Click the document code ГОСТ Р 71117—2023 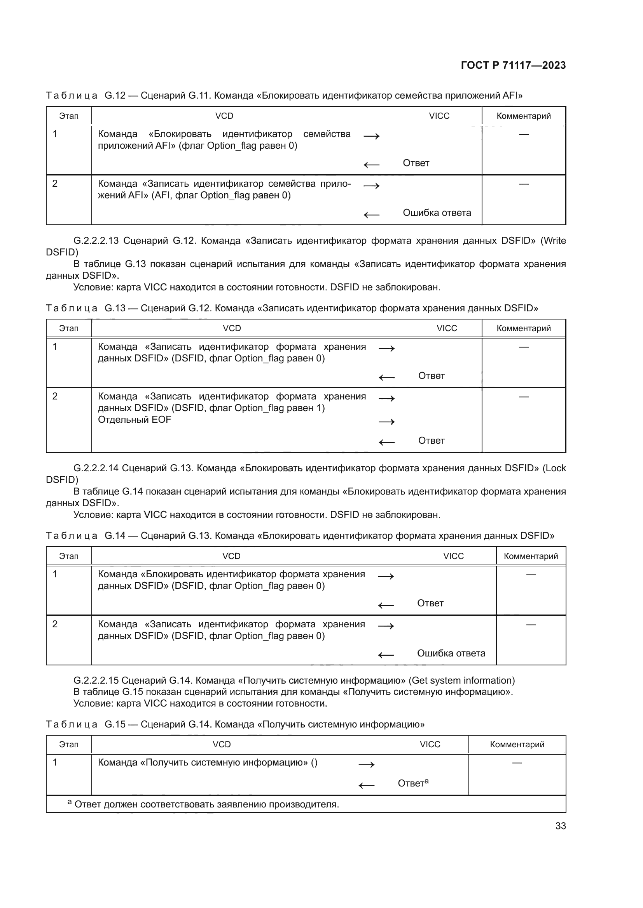click(513, 65)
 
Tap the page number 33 click(560, 826)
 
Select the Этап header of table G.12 click(69, 116)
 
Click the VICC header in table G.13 click(447, 328)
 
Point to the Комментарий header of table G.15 click(517, 744)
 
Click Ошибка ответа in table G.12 click(437, 213)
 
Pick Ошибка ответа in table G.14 click(451, 653)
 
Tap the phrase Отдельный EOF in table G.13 click(134, 420)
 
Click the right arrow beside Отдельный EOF click(386, 422)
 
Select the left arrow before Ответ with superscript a click(366, 785)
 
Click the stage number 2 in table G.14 click(55, 624)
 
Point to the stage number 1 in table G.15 click(55, 762)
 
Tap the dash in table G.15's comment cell click(517, 762)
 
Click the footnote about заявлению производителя click(206, 804)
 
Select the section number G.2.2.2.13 click(96, 240)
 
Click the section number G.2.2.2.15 click(96, 680)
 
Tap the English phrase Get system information click(462, 680)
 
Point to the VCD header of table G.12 click(224, 116)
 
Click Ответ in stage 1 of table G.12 click(416, 163)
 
